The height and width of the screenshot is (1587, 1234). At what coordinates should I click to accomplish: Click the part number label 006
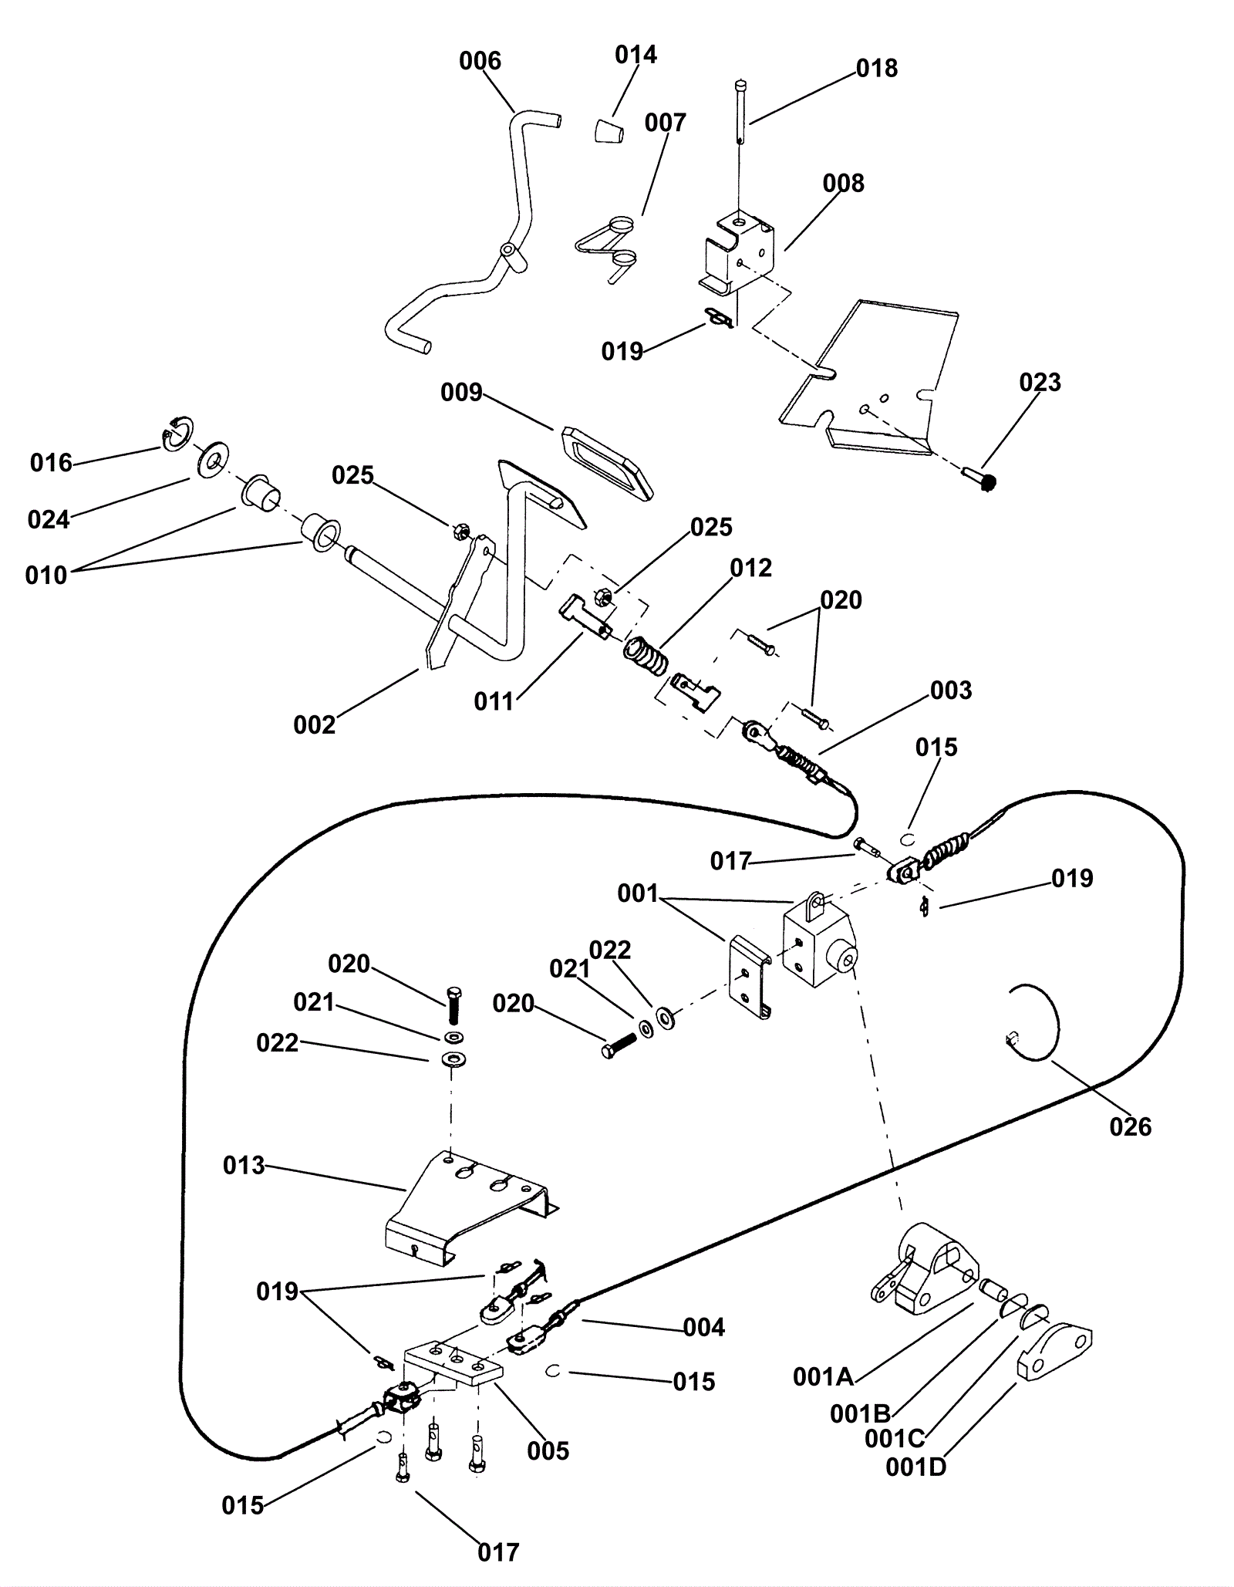(480, 61)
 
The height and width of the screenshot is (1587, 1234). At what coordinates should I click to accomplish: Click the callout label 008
(843, 184)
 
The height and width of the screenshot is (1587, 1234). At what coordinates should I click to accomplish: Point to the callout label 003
(950, 691)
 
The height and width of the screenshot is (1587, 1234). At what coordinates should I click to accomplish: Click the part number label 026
(1130, 1127)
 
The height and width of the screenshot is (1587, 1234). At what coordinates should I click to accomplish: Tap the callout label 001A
(822, 1376)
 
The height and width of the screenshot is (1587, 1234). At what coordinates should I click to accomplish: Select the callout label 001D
(915, 1467)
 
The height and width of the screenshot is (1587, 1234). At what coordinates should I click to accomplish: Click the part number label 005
(548, 1450)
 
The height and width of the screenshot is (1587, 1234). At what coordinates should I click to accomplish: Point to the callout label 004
(703, 1327)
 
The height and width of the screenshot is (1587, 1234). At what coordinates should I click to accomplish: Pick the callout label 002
(314, 725)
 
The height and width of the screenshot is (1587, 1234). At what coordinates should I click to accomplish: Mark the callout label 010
(46, 575)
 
